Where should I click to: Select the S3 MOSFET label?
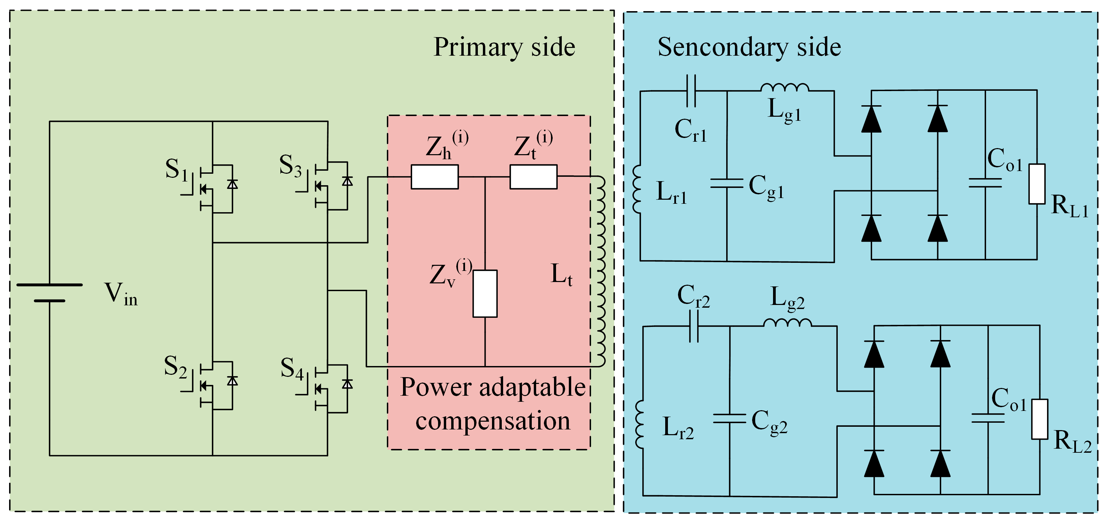click(290, 166)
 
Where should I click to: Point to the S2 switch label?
click(176, 367)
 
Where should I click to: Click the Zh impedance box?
click(434, 177)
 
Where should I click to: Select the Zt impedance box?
click(533, 177)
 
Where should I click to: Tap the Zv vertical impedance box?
click(485, 293)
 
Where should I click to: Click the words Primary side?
click(504, 47)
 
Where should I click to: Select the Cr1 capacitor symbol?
click(691, 91)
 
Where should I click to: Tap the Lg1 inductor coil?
click(785, 87)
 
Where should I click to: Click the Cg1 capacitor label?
click(767, 187)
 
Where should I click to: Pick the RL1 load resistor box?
click(1037, 184)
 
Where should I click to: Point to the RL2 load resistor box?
click(1040, 419)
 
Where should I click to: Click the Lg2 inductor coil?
click(788, 323)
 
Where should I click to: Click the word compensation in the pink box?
click(493, 421)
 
